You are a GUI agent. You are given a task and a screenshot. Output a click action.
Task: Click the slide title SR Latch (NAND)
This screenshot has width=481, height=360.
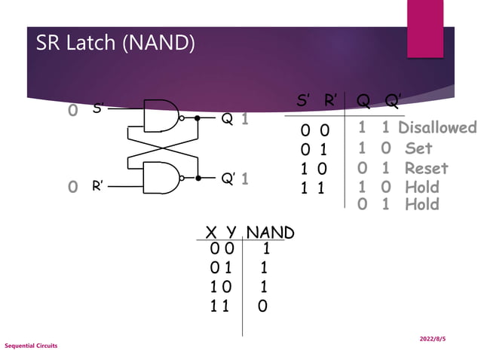coord(115,43)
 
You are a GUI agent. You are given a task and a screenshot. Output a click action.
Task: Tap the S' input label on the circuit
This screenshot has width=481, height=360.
coord(98,109)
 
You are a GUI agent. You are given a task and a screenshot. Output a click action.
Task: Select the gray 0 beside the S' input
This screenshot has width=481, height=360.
coord(73,111)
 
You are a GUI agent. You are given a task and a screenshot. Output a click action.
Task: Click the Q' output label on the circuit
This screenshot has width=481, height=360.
coord(228,179)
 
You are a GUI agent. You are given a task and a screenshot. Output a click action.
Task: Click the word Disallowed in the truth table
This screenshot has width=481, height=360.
coord(437,127)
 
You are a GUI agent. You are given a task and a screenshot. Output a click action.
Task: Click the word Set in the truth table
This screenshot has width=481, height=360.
coord(418,148)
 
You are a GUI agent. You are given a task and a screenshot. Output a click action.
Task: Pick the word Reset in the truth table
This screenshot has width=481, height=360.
coord(426,168)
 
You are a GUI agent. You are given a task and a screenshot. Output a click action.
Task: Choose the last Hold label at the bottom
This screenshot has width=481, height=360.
coord(421,204)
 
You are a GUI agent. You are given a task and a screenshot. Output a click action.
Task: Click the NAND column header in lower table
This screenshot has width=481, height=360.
coord(270,233)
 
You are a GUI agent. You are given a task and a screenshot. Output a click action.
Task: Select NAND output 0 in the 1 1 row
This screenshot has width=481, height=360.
coord(262,306)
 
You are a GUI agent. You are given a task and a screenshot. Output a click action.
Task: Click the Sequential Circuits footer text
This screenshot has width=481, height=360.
coord(31,346)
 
